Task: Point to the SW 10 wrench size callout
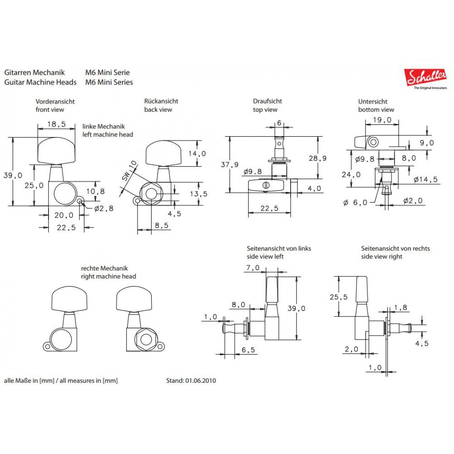click(x=128, y=170)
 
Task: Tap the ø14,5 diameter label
click(x=426, y=179)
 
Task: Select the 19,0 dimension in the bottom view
click(x=382, y=120)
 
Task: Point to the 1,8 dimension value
click(x=400, y=307)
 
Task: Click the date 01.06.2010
click(x=201, y=380)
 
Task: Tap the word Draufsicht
click(x=268, y=101)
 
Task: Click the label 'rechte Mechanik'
click(x=104, y=268)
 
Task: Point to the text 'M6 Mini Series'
click(x=109, y=82)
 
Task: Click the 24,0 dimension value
click(x=351, y=174)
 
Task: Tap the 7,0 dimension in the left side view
click(x=252, y=268)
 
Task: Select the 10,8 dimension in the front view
click(x=95, y=192)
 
